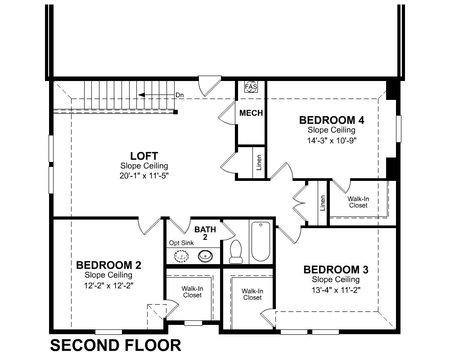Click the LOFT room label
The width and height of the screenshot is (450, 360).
pyautogui.click(x=144, y=156)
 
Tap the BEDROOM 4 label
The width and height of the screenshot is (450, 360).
pyautogui.click(x=332, y=120)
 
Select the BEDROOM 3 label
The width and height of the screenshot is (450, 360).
pyautogui.click(x=336, y=270)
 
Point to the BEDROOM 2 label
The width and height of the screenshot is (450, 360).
pyautogui.click(x=108, y=265)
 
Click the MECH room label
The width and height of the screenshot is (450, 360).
pyautogui.click(x=251, y=113)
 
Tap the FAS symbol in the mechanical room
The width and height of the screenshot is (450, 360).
pyautogui.click(x=251, y=86)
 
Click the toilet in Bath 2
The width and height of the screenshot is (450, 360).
pyautogui.click(x=236, y=252)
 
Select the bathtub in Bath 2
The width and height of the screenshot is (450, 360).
pyautogui.click(x=261, y=241)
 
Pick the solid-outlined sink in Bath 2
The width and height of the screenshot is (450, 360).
pyautogui.click(x=206, y=255)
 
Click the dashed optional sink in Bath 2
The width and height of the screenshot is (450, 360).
pyautogui.click(x=181, y=256)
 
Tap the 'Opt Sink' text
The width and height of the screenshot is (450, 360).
pyautogui.click(x=181, y=243)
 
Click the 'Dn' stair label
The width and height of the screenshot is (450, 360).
pyautogui.click(x=180, y=95)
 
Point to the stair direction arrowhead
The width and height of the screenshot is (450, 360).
pyautogui.click(x=141, y=95)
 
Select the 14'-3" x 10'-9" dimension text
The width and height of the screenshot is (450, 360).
pyautogui.click(x=332, y=141)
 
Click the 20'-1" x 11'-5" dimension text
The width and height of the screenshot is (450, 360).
pyautogui.click(x=144, y=175)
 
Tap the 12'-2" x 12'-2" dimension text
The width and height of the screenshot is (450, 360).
pyautogui.click(x=108, y=286)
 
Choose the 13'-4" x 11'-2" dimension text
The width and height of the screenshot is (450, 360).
pyautogui.click(x=336, y=290)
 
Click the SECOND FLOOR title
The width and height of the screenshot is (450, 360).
pyautogui.click(x=116, y=345)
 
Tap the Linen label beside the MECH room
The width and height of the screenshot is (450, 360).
pyautogui.click(x=259, y=163)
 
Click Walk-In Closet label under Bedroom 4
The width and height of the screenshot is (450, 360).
pyautogui.click(x=358, y=202)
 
